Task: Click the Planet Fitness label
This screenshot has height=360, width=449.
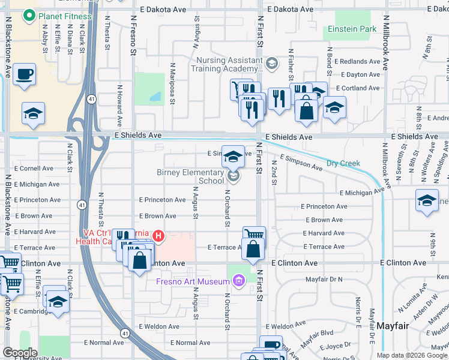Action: tap(65, 16)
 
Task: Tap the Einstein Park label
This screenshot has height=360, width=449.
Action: tap(352, 29)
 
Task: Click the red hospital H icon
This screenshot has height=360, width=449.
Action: tap(158, 235)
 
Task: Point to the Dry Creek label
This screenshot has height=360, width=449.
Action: tap(343, 163)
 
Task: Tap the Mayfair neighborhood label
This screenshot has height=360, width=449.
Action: tap(393, 325)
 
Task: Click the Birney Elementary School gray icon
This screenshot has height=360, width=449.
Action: tap(234, 176)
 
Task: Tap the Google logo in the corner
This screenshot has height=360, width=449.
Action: tap(20, 353)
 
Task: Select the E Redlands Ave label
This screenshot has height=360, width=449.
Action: tap(357, 62)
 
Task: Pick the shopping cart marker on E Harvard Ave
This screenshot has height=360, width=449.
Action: tap(254, 235)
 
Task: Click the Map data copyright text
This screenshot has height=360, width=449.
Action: tap(411, 355)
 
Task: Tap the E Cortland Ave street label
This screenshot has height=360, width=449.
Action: tap(358, 88)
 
